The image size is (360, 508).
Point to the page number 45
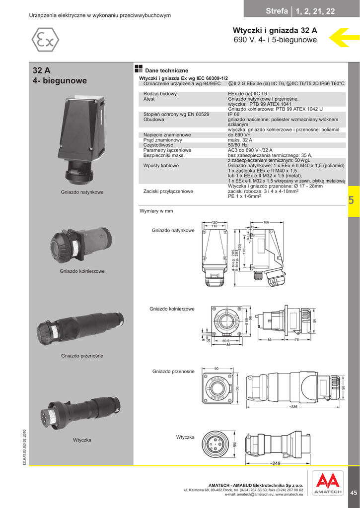353,492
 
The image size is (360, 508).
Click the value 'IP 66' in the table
233,114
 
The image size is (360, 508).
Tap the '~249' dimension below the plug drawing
275,463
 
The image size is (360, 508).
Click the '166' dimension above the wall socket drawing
266,222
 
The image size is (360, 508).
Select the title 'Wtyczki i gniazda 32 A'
275,30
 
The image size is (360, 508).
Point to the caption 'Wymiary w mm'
156,211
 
